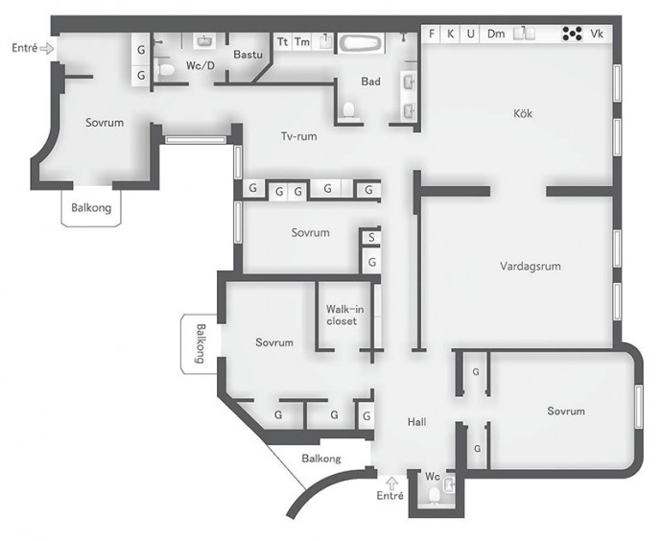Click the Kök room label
pyautogui.click(x=523, y=113)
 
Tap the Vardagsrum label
pyautogui.click(x=531, y=267)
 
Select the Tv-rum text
pyautogui.click(x=299, y=136)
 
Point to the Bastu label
pyautogui.click(x=248, y=55)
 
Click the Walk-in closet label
pyautogui.click(x=344, y=315)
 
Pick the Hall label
pyautogui.click(x=416, y=421)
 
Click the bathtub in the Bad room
pyautogui.click(x=361, y=43)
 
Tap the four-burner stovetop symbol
pyautogui.click(x=572, y=34)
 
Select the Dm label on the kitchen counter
pyautogui.click(x=496, y=34)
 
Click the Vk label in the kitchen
pyautogui.click(x=597, y=34)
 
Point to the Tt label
pyautogui.click(x=282, y=42)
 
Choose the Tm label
pyautogui.click(x=302, y=42)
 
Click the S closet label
pyautogui.click(x=371, y=238)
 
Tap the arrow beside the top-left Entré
pyautogui.click(x=47, y=49)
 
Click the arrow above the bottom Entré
pyautogui.click(x=392, y=482)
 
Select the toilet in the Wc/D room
pyautogui.click(x=166, y=69)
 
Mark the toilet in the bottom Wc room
pyautogui.click(x=434, y=495)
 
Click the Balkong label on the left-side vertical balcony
pyautogui.click(x=201, y=343)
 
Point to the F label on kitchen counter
pyautogui.click(x=432, y=34)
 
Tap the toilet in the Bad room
pyautogui.click(x=348, y=109)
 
